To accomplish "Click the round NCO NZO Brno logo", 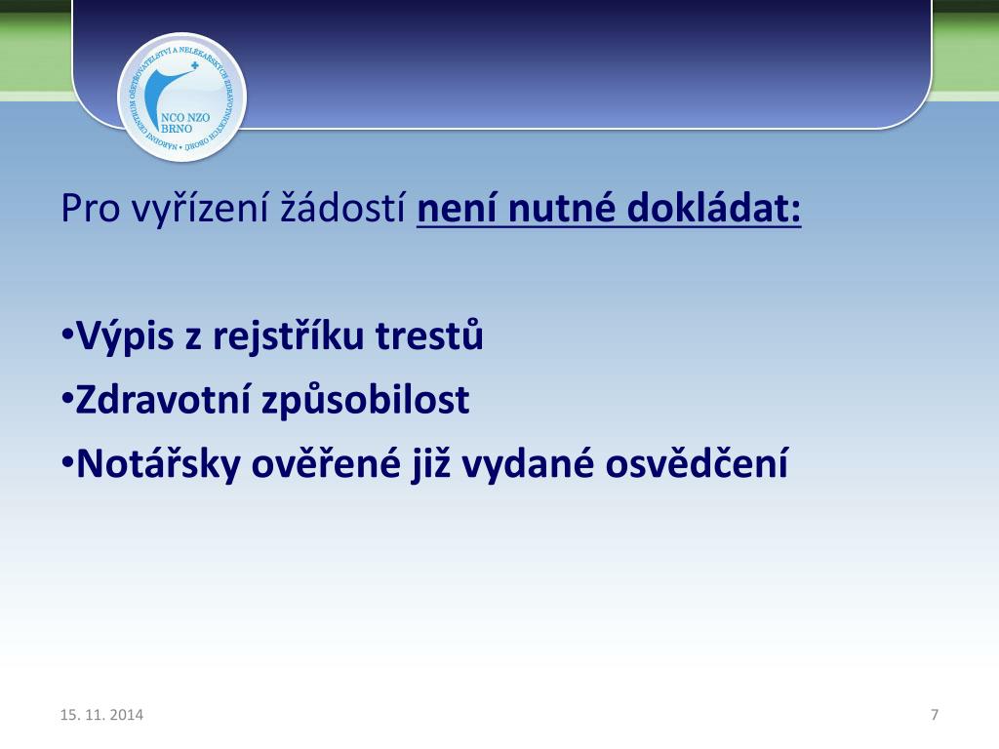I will click(x=181, y=97).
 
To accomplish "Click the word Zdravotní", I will click(x=162, y=401).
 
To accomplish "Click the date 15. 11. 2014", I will click(x=101, y=716).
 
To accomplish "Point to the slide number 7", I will click(x=935, y=716).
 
